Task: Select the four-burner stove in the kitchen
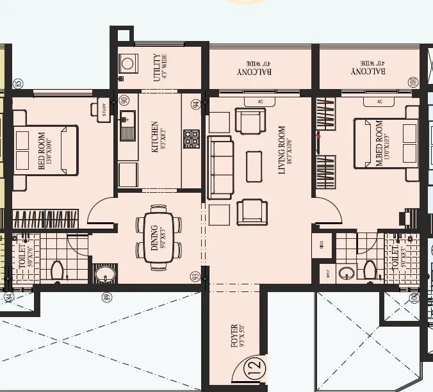(x=192, y=138)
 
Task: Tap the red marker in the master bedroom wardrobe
(x=318, y=135)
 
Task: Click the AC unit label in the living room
(x=260, y=102)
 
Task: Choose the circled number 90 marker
(x=124, y=101)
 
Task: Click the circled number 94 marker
(x=195, y=103)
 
